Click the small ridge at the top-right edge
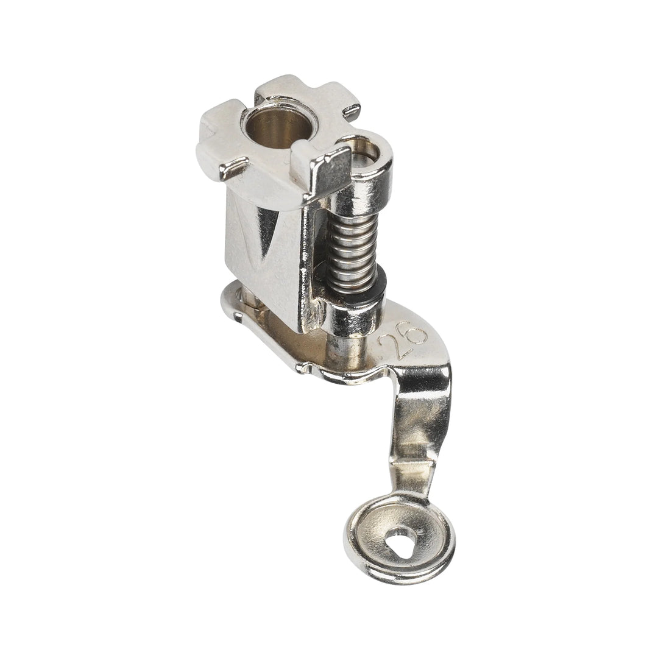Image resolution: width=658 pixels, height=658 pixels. tap(352, 111)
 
